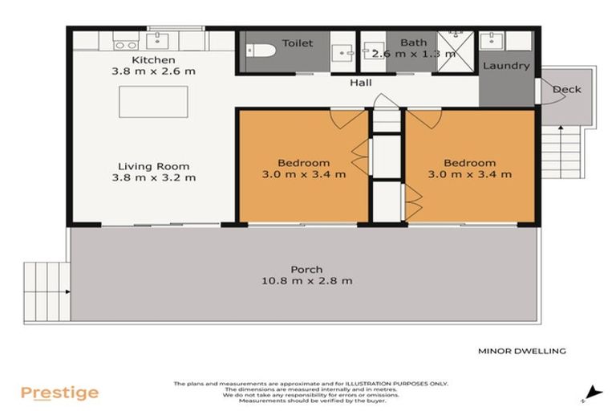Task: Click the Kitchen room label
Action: (152, 60)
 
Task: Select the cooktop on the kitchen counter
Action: (124, 40)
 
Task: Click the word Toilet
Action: (298, 43)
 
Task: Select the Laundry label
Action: (505, 66)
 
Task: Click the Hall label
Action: (360, 83)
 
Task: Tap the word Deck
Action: (566, 89)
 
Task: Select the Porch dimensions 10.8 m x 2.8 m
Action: (306, 281)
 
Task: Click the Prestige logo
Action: (59, 393)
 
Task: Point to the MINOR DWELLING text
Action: (522, 351)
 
